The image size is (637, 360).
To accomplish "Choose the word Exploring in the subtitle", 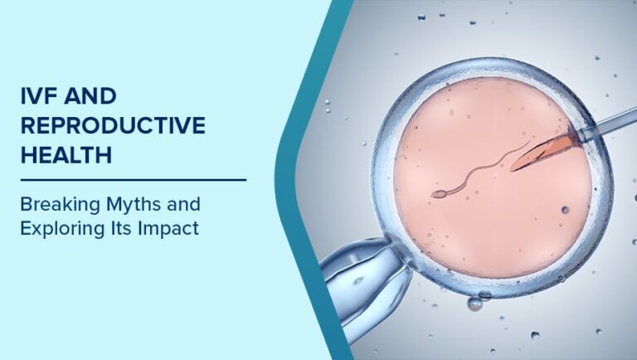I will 61,228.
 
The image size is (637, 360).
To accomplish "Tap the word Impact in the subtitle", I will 173,228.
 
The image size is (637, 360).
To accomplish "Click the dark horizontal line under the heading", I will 134,179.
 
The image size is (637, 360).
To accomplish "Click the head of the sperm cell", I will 438,194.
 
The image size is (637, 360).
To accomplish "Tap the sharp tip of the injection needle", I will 514,166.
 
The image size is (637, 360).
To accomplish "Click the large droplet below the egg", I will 475,304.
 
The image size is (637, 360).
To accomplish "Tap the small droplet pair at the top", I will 421,16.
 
